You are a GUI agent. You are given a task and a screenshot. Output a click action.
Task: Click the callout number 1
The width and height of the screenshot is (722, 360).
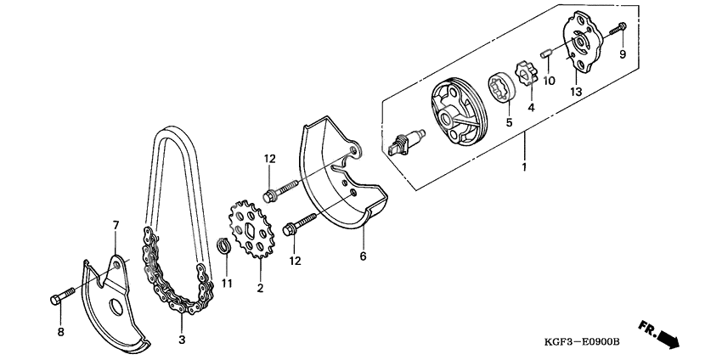tap(524, 167)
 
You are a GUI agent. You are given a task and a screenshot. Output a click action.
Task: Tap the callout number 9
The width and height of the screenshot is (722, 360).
tap(622, 55)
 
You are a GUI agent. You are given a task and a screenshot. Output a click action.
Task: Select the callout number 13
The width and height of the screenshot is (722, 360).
tap(575, 92)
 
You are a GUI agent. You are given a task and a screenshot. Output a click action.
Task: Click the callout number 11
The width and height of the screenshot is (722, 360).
tap(227, 283)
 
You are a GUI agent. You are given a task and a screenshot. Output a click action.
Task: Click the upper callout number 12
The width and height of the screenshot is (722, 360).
tap(269, 159)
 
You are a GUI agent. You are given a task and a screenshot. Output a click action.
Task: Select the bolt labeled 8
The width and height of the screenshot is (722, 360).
tap(63, 297)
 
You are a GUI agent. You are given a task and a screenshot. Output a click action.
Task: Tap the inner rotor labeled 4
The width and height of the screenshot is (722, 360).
tap(525, 70)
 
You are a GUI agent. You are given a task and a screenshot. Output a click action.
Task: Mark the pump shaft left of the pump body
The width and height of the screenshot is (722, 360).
tap(408, 138)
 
